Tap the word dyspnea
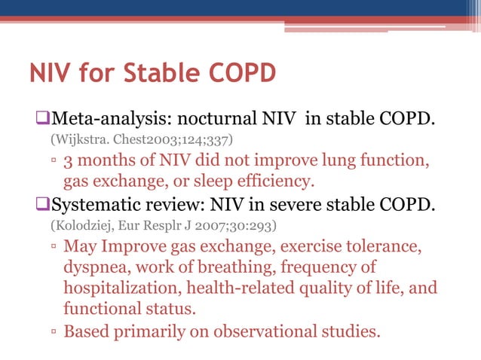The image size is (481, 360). [x=95, y=267]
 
